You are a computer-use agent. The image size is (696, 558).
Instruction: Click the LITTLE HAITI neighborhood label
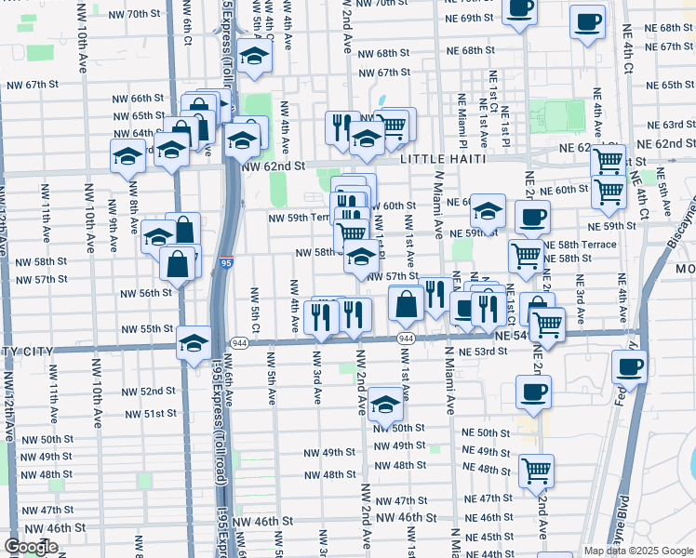(x=443, y=159)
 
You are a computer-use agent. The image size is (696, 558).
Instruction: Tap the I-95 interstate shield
(x=229, y=263)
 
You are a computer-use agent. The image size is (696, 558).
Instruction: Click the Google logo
(x=31, y=547)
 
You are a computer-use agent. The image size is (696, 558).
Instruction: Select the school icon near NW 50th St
(x=385, y=404)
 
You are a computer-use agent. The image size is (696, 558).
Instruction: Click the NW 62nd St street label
(x=273, y=166)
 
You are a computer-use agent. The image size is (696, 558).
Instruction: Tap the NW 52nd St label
(x=151, y=391)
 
